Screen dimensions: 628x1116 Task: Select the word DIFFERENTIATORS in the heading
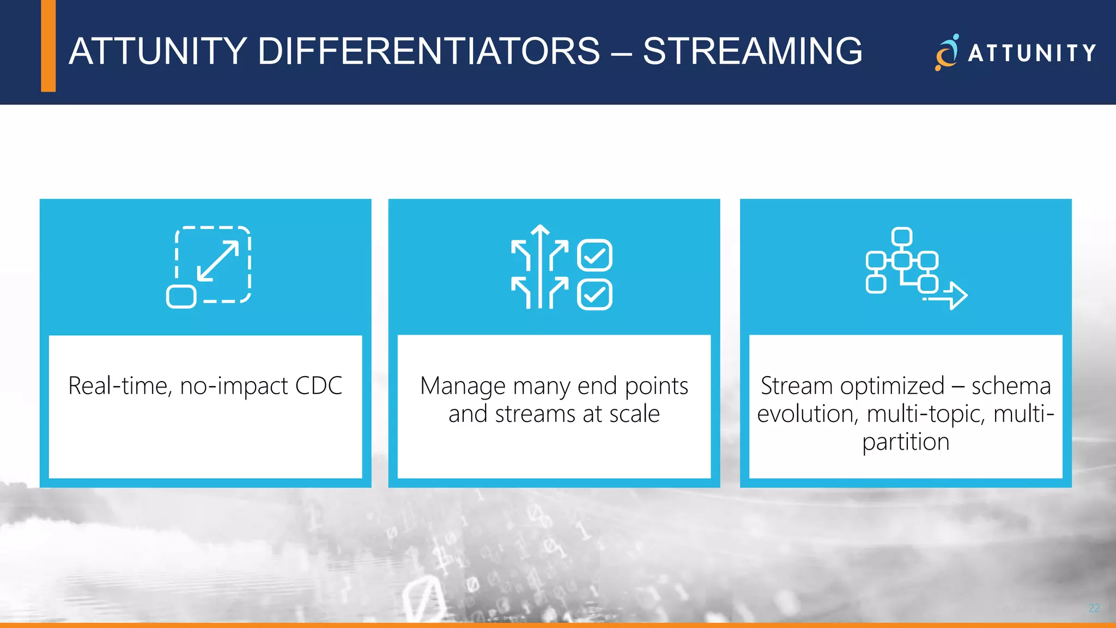428,52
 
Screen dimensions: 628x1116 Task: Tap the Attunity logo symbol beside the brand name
947,53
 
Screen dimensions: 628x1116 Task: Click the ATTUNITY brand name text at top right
1032,53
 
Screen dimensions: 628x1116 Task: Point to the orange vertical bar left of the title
48,46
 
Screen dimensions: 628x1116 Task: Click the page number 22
1094,608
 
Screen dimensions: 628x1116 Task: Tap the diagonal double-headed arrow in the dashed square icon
218,261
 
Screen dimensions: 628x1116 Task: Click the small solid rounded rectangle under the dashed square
181,297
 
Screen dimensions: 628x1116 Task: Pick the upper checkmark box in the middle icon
595,255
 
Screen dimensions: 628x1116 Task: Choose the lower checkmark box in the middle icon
595,295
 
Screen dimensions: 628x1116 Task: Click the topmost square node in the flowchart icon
902,237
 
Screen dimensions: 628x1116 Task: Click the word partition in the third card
906,442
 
